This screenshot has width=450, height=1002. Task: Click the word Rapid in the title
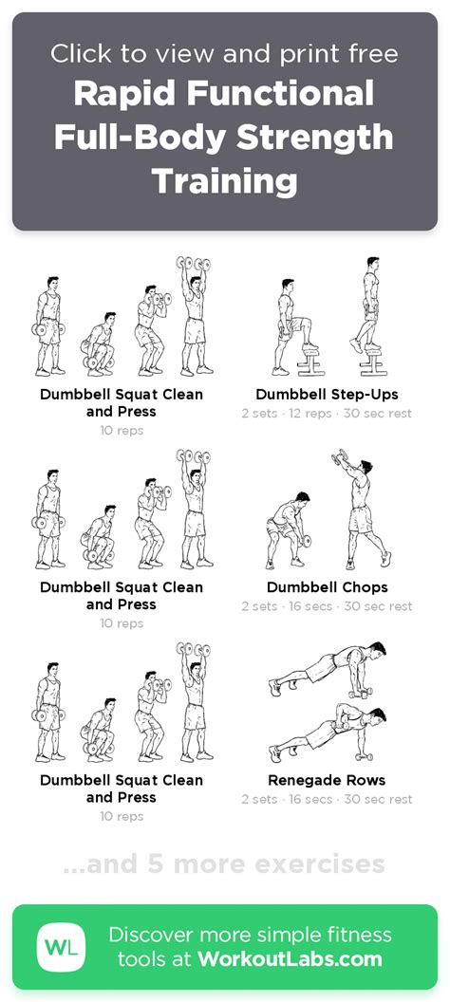tap(125, 94)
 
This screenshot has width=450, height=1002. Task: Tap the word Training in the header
tap(225, 181)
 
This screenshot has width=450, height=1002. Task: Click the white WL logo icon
tap(61, 947)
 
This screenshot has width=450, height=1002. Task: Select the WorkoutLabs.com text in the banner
tap(290, 958)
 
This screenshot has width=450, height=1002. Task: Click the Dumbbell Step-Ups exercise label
tap(327, 395)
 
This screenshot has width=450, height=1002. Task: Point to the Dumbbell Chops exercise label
tap(327, 587)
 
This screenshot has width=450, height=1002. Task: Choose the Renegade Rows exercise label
tap(327, 780)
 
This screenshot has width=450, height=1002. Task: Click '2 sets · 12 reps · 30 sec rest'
tap(327, 414)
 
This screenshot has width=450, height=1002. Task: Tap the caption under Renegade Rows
tap(327, 800)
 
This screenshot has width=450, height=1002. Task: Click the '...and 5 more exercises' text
tap(224, 864)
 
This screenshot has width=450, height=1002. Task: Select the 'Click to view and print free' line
tap(224, 54)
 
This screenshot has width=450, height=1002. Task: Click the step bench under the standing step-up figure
tap(370, 362)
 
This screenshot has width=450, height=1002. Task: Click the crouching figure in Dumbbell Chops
tap(289, 529)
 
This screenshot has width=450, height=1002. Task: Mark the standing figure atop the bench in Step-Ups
tap(367, 304)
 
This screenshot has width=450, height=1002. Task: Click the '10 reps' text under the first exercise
tap(122, 431)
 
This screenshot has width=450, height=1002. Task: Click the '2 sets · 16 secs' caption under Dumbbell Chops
tap(287, 606)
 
